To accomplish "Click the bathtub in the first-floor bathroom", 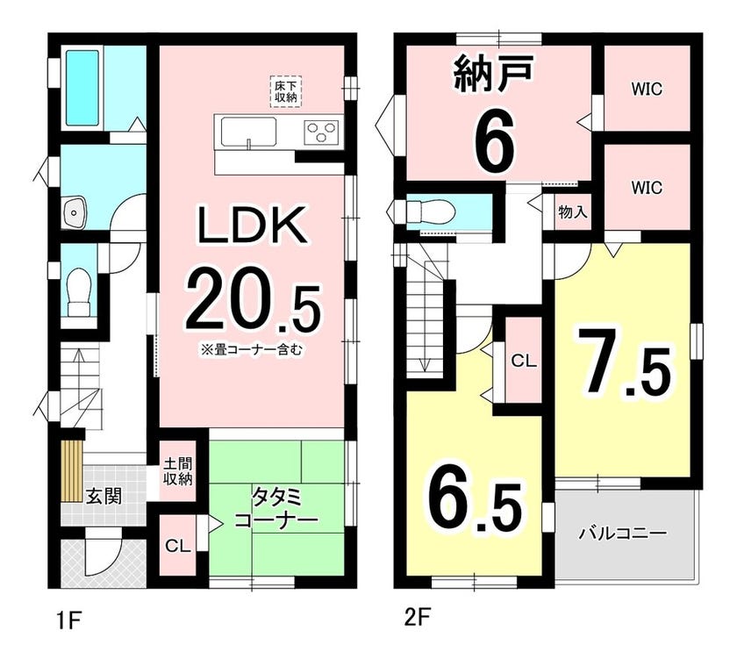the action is (82, 88).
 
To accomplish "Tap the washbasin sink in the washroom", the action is (74, 212).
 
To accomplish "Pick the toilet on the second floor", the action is (431, 212).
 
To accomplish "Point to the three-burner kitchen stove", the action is (321, 130).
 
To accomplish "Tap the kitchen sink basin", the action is (248, 133).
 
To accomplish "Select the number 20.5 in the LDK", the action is (253, 308).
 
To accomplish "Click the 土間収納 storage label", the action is (177, 471).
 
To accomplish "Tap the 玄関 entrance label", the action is (104, 496).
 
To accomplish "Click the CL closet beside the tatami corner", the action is (177, 545).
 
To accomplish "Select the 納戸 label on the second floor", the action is (493, 73).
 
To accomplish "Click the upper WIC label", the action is (647, 89).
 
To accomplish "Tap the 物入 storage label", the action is (572, 212).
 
